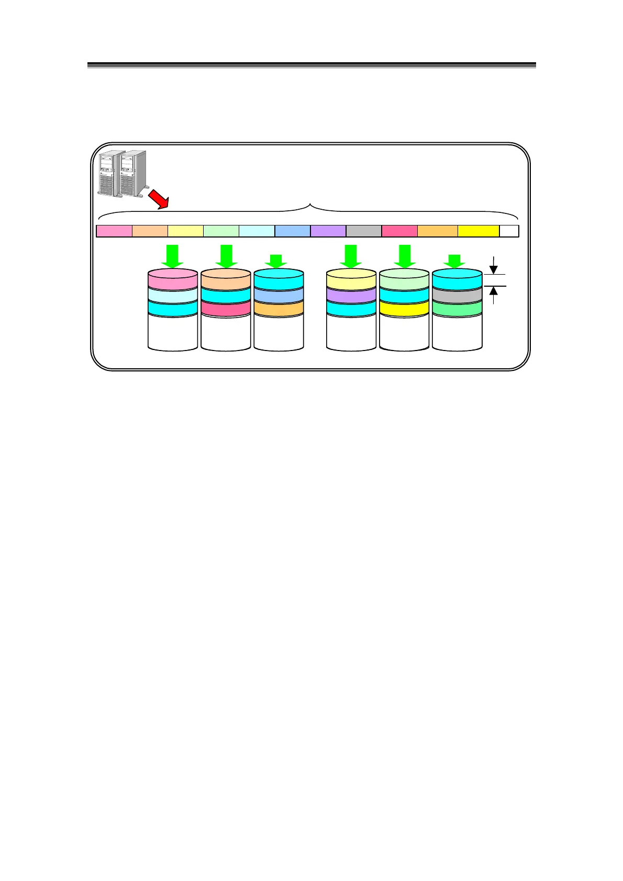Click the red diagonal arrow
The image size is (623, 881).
(157, 199)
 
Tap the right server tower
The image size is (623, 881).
(133, 173)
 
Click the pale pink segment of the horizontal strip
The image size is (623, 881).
(115, 231)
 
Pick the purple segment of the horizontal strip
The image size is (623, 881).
(328, 231)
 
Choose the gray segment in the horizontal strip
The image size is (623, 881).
(364, 231)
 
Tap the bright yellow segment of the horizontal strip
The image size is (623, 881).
(479, 231)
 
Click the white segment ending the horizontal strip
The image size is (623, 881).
(509, 231)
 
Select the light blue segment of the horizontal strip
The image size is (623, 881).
(293, 231)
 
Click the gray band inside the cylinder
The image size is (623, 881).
(457, 295)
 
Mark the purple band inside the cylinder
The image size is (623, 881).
(351, 295)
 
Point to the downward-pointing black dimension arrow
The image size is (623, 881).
(493, 265)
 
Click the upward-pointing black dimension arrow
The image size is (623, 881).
(493, 295)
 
